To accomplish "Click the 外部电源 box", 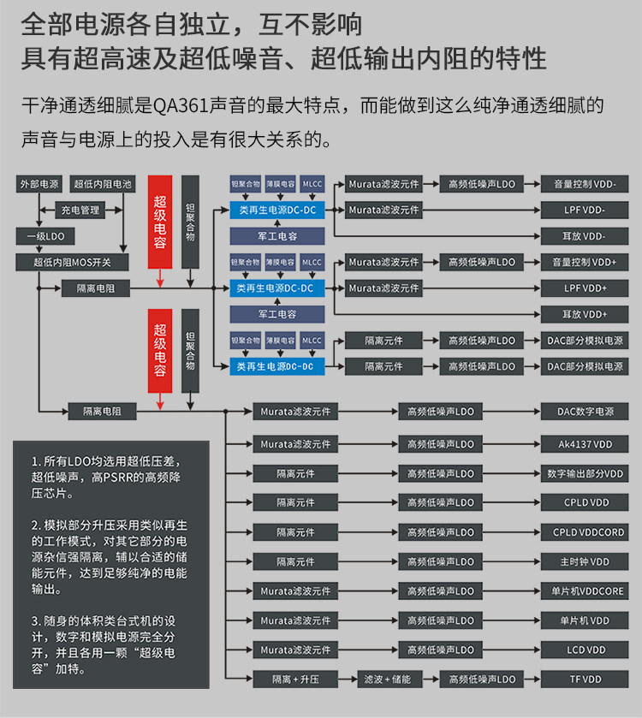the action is pos(39,184).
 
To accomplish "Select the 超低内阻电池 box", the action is pos(103,184).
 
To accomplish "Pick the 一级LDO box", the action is pos(39,236).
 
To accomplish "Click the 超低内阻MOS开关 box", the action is pos(72,262).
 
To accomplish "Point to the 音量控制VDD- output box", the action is pos(585,184).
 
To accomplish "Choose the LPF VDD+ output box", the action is pos(585,288).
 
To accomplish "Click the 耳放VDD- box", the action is pos(585,236).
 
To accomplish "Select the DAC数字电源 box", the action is pos(585,412).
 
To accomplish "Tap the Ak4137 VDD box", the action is pos(585,444).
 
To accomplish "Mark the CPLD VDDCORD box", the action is pos(585,532).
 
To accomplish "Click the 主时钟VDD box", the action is pos(585,561).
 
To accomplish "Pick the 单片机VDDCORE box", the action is pos(585,591).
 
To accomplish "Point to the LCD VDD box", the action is pos(585,650).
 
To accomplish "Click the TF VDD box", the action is pos(585,679).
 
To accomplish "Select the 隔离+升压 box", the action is pos(295,679).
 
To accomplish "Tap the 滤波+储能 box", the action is pos(389,679).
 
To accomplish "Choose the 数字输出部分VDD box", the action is pos(585,473).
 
